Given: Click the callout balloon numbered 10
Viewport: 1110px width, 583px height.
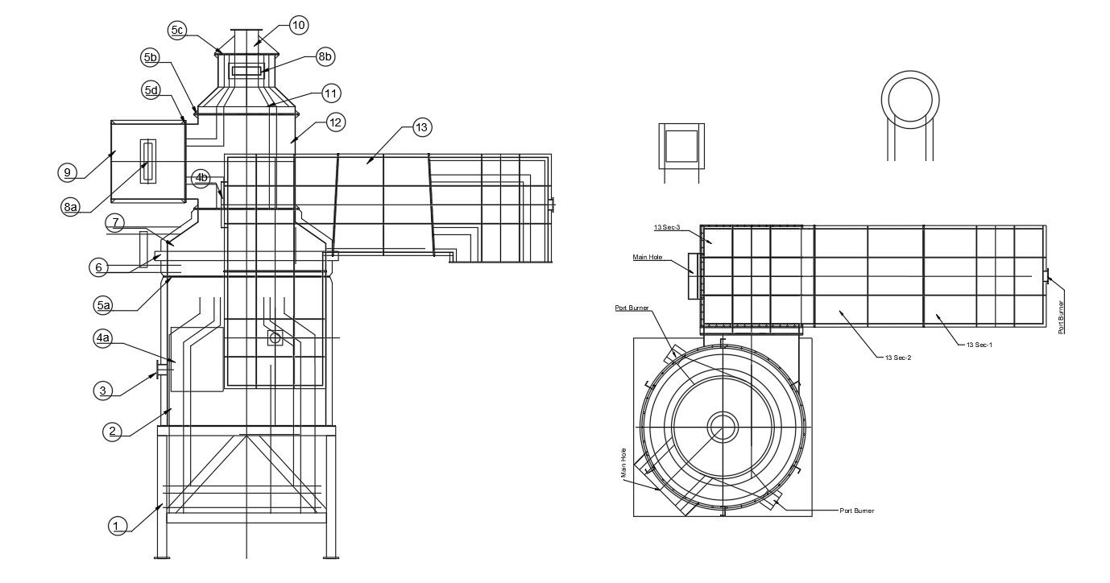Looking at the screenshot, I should (x=298, y=25).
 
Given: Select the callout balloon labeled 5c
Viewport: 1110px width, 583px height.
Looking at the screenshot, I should (x=177, y=31).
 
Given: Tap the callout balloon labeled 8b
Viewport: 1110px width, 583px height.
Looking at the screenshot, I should (x=325, y=56).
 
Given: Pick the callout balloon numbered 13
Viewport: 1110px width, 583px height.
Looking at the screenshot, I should (x=421, y=126).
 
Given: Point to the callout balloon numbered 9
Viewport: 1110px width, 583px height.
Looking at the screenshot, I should (x=68, y=172).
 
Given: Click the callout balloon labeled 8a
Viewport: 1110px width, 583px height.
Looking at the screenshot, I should (x=71, y=207).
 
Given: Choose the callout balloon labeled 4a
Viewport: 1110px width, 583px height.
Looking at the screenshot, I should (x=102, y=339).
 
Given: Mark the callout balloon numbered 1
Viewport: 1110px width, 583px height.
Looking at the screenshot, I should (x=118, y=526).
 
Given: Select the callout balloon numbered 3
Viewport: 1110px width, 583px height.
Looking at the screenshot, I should (x=102, y=391).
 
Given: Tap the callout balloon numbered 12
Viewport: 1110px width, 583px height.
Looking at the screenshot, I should (x=335, y=122).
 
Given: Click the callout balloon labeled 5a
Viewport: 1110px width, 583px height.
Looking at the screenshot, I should (x=102, y=305).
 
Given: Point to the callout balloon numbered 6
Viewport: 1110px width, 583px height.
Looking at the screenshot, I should (x=98, y=267).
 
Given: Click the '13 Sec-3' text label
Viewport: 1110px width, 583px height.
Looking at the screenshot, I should (x=667, y=229).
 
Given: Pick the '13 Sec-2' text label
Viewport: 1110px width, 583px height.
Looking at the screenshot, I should (x=897, y=357).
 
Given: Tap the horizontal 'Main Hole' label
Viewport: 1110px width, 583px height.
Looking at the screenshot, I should (x=648, y=258).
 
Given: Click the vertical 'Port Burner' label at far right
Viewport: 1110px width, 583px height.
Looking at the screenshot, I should (x=1061, y=317).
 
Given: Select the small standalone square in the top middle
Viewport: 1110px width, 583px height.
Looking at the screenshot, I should (x=681, y=146).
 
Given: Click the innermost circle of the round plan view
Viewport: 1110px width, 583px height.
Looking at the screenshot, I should (x=723, y=427).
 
